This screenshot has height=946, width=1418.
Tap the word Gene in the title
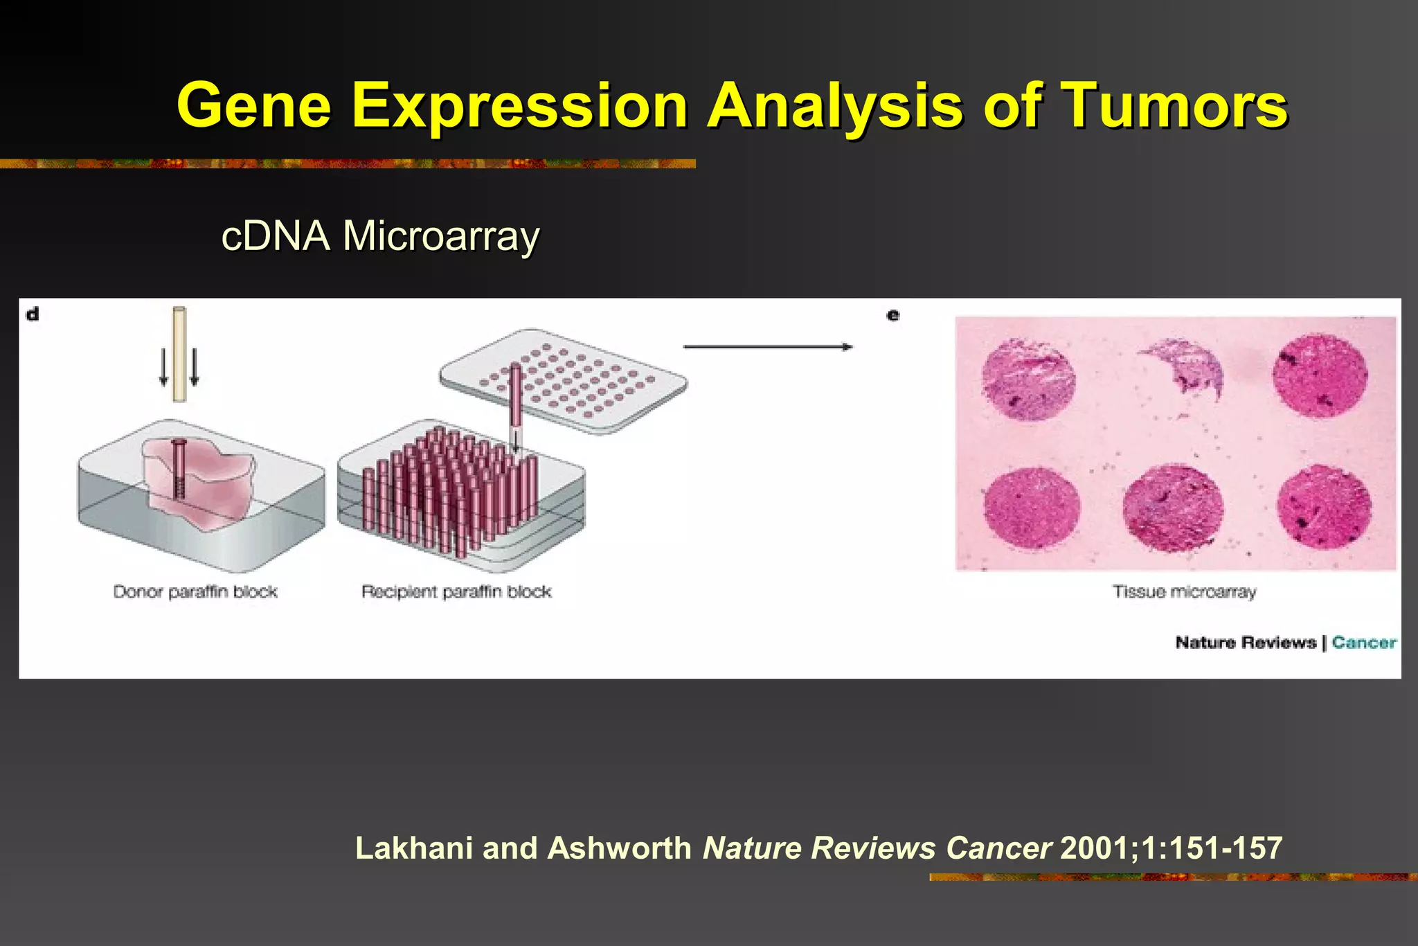(x=254, y=105)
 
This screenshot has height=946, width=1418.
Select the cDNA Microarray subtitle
(x=380, y=236)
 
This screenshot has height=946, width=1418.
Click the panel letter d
(x=33, y=314)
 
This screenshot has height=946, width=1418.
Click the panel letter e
(x=893, y=316)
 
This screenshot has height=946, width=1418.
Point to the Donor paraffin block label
(x=195, y=592)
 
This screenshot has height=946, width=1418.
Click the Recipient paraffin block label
(x=456, y=592)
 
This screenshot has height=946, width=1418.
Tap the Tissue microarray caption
(x=1184, y=592)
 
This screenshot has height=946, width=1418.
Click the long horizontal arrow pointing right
(x=767, y=347)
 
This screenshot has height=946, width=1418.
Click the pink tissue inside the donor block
(x=208, y=478)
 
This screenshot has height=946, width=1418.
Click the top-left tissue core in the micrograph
(x=1029, y=380)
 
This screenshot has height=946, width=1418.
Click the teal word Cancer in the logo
(x=1364, y=643)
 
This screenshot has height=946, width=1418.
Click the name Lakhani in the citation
(x=413, y=848)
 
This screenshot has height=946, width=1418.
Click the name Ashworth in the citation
(x=619, y=848)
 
